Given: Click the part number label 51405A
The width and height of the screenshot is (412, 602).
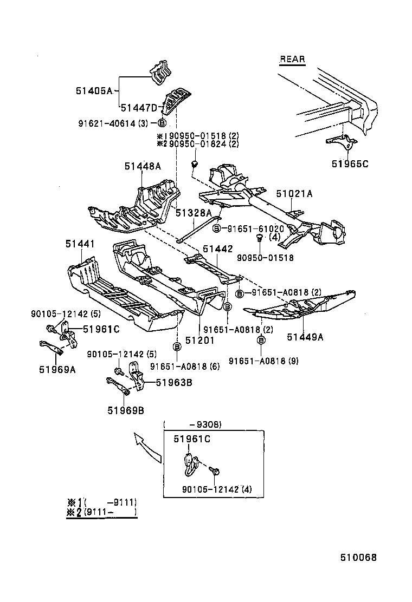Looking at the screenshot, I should point(94,91).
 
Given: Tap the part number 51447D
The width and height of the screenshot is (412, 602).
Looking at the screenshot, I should point(138,107).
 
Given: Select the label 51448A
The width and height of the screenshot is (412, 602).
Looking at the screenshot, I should point(143,167).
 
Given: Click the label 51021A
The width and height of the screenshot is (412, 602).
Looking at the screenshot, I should point(294,193).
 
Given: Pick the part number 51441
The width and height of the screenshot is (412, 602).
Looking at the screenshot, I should point(80,245).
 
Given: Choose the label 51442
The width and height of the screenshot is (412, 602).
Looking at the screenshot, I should point(218,248).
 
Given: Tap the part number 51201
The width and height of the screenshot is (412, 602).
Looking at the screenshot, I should point(200,341).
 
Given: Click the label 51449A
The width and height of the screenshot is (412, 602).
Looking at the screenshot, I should point(305,337).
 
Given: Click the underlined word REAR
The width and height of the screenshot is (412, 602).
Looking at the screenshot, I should point(292,60).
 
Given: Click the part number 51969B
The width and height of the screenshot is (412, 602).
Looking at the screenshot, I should point(125,410).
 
